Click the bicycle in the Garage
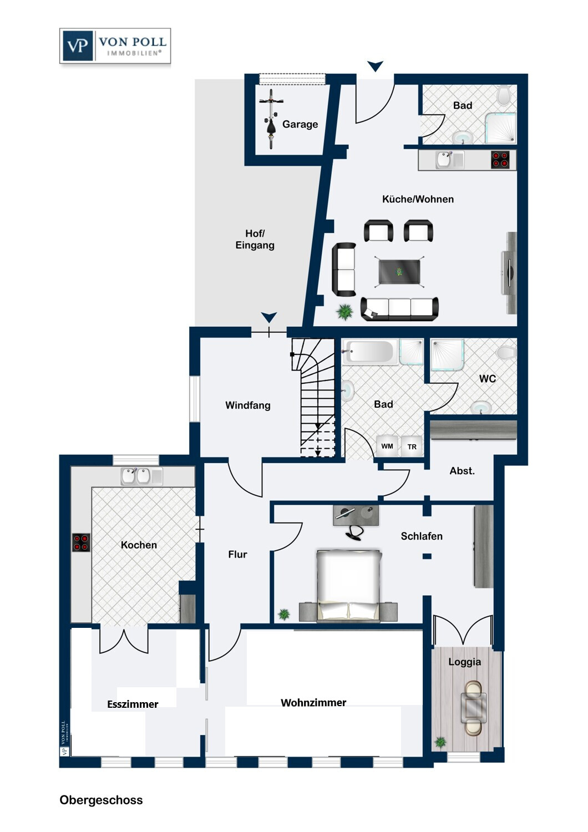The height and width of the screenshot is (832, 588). point(271,119)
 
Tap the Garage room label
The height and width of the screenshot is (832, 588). point(300,124)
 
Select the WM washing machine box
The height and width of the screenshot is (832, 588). point(387,446)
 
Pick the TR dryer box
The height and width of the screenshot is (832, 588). point(412,447)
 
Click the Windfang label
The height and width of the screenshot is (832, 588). point(248,405)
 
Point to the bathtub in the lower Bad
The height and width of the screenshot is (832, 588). point(368,351)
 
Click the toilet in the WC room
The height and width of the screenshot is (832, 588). point(506,352)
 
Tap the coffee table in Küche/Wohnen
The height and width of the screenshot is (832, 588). point(399,272)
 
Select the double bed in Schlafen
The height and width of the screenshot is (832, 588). point(349,585)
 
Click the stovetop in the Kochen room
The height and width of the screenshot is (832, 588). point(81,542)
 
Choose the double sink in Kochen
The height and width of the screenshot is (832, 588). point(141,476)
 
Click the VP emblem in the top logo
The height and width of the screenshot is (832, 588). point(78,45)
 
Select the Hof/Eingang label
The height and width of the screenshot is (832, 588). point(255,239)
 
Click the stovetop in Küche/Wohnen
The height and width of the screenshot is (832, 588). point(500,159)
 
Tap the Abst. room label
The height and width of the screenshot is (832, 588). point(462,471)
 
